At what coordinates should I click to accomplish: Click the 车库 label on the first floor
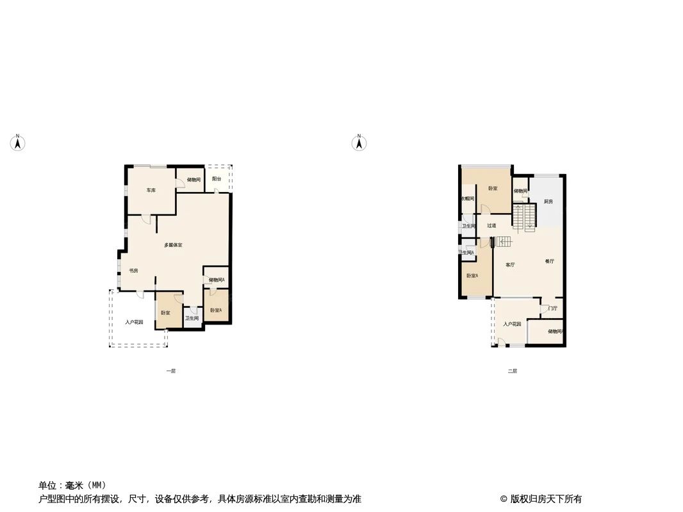[151, 191]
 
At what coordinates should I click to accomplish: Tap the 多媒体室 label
[173, 245]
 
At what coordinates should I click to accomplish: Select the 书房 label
[133, 271]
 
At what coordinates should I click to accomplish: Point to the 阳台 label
[217, 179]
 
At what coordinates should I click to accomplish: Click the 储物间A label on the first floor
[217, 280]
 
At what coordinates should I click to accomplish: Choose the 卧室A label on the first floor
[216, 310]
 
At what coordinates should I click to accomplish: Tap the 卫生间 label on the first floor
[192, 318]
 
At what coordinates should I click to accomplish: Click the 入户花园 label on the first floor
[134, 323]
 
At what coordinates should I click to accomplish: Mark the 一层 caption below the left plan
[170, 371]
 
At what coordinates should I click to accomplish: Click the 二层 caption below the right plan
[512, 371]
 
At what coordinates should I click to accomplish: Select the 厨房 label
[548, 202]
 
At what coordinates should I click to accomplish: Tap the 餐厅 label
[549, 261]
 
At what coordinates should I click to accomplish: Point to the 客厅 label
[510, 264]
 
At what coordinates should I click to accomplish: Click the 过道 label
[491, 225]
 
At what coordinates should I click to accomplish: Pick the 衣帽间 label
[468, 199]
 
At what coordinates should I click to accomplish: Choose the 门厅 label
[552, 308]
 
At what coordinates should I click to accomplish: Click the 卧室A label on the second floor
[472, 276]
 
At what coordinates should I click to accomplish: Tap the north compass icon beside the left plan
[19, 143]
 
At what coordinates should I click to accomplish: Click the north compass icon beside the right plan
[359, 143]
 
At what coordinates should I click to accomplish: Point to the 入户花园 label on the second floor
[512, 324]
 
